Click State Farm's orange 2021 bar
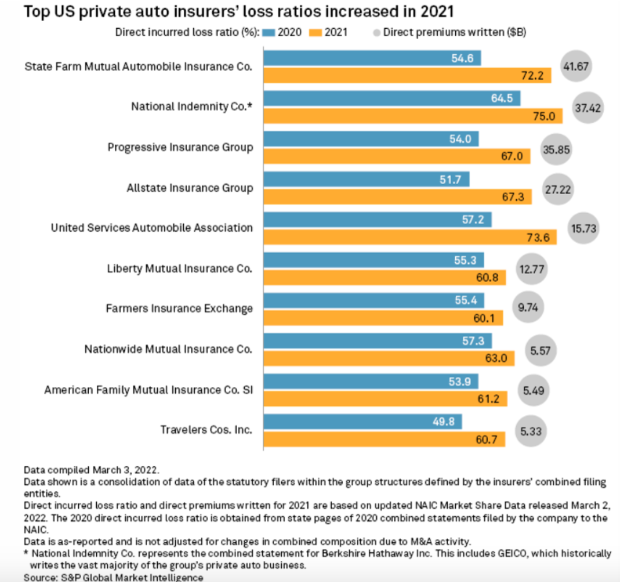pyautogui.click(x=406, y=76)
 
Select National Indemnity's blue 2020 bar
pyautogui.click(x=391, y=98)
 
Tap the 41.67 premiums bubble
pyautogui.click(x=576, y=66)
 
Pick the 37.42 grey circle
pyautogui.click(x=587, y=108)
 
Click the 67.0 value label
pyautogui.click(x=512, y=156)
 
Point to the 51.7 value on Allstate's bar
pyautogui.click(x=450, y=180)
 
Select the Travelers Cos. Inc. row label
pyautogui.click(x=206, y=430)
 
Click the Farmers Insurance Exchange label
pyautogui.click(x=179, y=308)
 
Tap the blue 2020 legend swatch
pyautogui.click(x=268, y=33)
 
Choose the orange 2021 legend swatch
pyautogui.click(x=315, y=33)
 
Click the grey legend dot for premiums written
pyautogui.click(x=377, y=33)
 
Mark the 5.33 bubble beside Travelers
pyautogui.click(x=530, y=431)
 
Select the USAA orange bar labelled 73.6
pyautogui.click(x=409, y=238)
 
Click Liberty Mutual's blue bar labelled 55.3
pyautogui.click(x=373, y=260)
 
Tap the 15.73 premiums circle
pyautogui.click(x=583, y=228)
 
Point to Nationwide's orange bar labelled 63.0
pyautogui.click(x=389, y=358)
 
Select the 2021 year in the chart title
pyautogui.click(x=437, y=11)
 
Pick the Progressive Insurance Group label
pyautogui.click(x=180, y=147)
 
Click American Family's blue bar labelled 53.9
pyautogui.click(x=370, y=382)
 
